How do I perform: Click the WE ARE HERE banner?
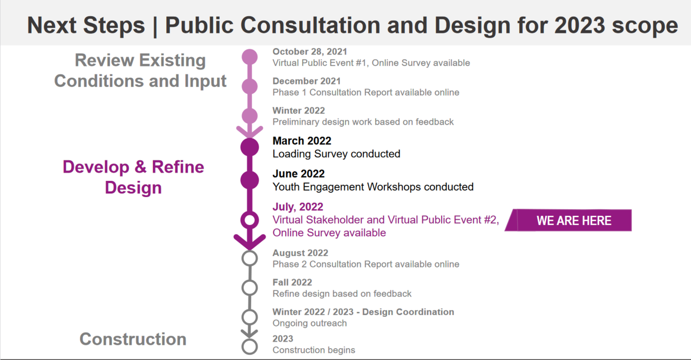tap(568, 220)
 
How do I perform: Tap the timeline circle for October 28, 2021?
tap(249, 57)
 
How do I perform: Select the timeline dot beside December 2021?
tap(249, 86)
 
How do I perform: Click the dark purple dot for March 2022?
tap(249, 147)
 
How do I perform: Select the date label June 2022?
tap(299, 174)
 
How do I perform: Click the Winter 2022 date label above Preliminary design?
tap(299, 111)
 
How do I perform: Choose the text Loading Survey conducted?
tap(336, 154)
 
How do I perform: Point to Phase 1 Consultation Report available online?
tap(366, 92)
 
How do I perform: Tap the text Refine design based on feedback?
tap(342, 294)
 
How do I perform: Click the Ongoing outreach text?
tap(310, 323)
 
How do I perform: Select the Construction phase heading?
tap(133, 339)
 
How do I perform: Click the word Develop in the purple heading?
tap(96, 167)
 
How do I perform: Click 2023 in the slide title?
tap(580, 25)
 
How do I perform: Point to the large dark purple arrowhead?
tap(249, 242)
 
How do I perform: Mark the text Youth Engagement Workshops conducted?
tap(373, 187)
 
